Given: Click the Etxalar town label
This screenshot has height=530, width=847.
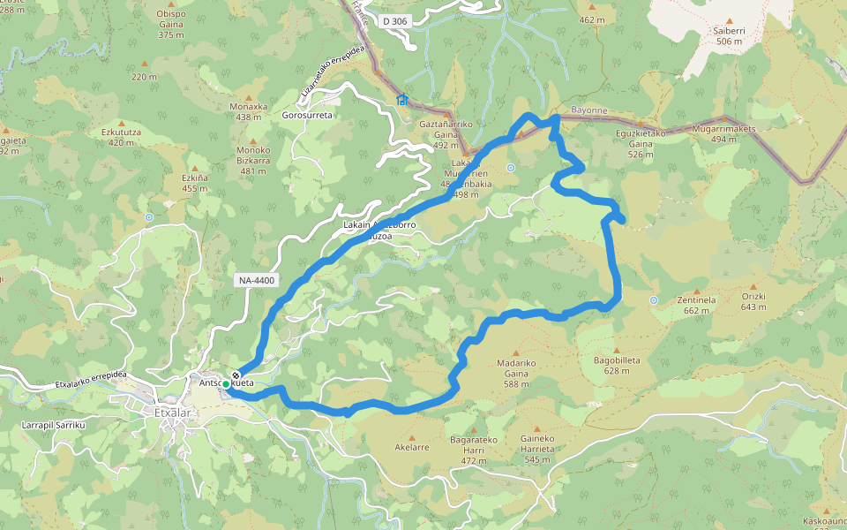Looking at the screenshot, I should click(160, 411).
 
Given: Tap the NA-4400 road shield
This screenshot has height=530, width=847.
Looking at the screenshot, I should click(257, 281).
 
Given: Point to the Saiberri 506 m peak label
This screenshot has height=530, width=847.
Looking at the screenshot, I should click(730, 35).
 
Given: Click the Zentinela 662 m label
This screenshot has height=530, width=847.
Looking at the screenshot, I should click(696, 304).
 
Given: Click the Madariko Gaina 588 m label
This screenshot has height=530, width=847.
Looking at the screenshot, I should click(516, 367).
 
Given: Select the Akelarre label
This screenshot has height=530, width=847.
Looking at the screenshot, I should click(412, 447).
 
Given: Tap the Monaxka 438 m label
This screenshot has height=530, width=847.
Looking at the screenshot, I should click(248, 111).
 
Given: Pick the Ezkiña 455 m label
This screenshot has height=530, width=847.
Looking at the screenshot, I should click(195, 182).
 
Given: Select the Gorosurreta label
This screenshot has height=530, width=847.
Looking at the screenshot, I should click(307, 116).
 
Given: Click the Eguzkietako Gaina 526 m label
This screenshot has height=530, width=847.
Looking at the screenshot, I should click(641, 143).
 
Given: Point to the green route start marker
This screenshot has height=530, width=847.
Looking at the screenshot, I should click(226, 384).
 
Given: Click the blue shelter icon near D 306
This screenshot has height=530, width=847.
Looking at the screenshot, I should click(402, 99).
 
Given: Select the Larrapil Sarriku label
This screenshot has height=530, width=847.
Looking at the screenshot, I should click(52, 425).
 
